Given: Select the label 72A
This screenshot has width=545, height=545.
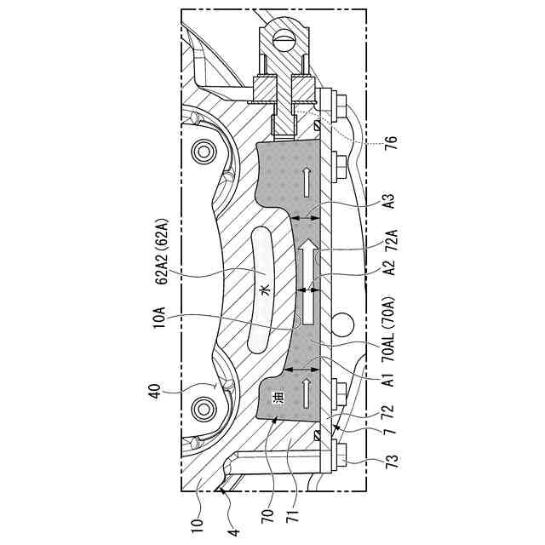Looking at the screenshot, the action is point(390,243).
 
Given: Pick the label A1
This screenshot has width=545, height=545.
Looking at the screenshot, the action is point(390,381).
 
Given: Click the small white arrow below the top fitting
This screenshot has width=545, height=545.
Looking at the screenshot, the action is point(305,180).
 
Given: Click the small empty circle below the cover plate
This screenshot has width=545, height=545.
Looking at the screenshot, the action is point(343,324).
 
